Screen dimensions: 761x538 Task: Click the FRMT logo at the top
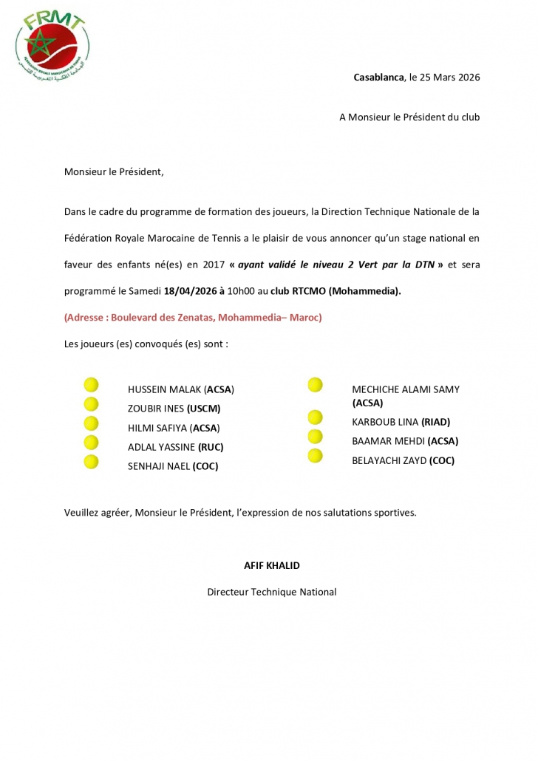(52, 46)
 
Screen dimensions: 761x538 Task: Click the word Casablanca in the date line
(378, 77)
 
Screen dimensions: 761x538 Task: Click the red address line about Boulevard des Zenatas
(193, 318)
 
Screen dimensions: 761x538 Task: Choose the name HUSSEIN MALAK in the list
(165, 389)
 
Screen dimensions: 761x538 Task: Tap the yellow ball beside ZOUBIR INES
(91, 404)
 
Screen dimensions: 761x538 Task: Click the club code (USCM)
(204, 408)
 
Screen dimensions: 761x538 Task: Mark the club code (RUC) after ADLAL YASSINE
(211, 447)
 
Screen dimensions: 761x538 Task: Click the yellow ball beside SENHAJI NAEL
(91, 462)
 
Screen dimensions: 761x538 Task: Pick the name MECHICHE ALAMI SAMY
(406, 389)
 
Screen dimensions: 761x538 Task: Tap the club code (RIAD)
(435, 422)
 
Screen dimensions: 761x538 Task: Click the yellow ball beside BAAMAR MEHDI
(316, 437)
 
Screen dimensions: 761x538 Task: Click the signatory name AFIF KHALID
(272, 565)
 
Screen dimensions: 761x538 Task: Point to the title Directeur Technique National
(272, 592)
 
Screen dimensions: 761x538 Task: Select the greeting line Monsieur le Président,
(114, 172)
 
